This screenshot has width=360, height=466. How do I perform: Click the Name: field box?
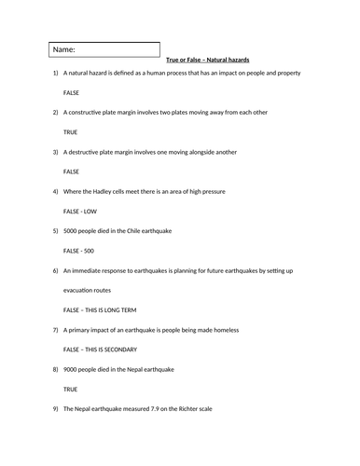[x=104, y=49]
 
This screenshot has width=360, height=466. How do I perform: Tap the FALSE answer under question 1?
[x=72, y=93]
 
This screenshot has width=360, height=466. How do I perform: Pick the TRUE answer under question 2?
[x=71, y=132]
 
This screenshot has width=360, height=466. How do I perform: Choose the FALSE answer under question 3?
[x=72, y=171]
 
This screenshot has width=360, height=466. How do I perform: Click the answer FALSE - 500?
[x=78, y=251]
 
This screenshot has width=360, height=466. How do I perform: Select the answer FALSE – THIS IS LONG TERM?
[x=105, y=309]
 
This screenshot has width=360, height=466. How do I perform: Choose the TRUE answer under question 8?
[x=71, y=389]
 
